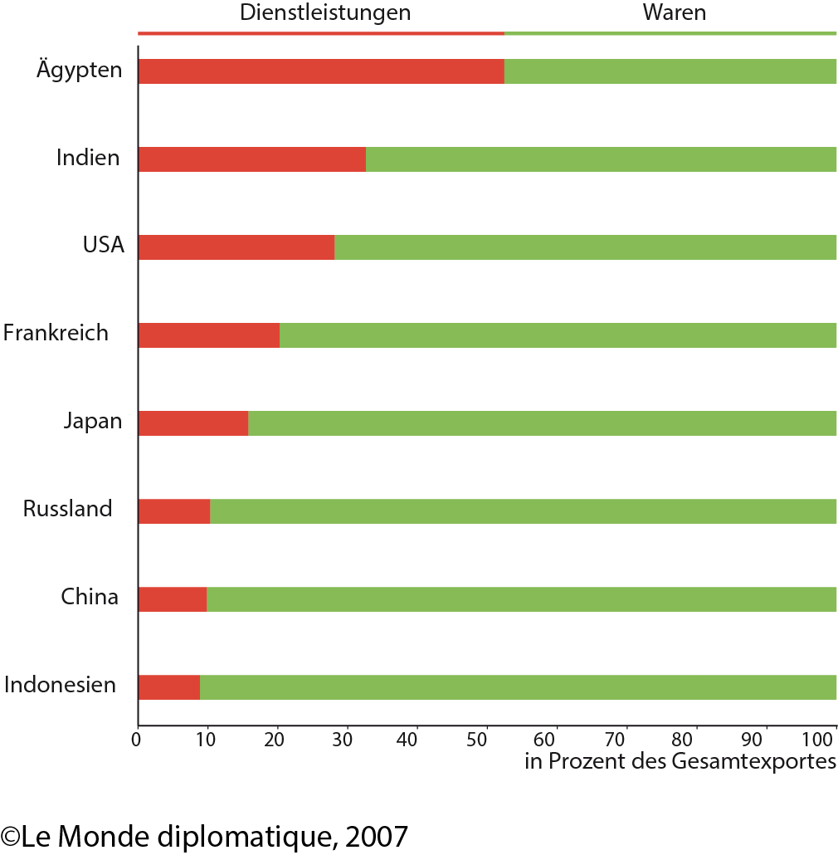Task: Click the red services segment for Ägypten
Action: pos(321,72)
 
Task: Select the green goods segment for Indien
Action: pos(601,159)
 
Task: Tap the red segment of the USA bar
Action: pos(236,247)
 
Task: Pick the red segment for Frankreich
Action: pos(209,335)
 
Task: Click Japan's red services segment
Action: pos(193,423)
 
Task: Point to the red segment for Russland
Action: pos(174,511)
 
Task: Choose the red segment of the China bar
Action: pos(173,599)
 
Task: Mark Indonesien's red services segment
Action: pos(169,687)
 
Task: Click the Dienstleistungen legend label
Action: pos(325,12)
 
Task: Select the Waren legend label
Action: pos(674,12)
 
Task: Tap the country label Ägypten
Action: pos(80,69)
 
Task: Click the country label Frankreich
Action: pos(56,333)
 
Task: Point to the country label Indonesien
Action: pos(60,686)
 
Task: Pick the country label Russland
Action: pos(67,508)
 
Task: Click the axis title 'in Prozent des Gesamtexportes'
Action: pos(680,761)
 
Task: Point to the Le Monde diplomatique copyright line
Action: pos(204,835)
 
